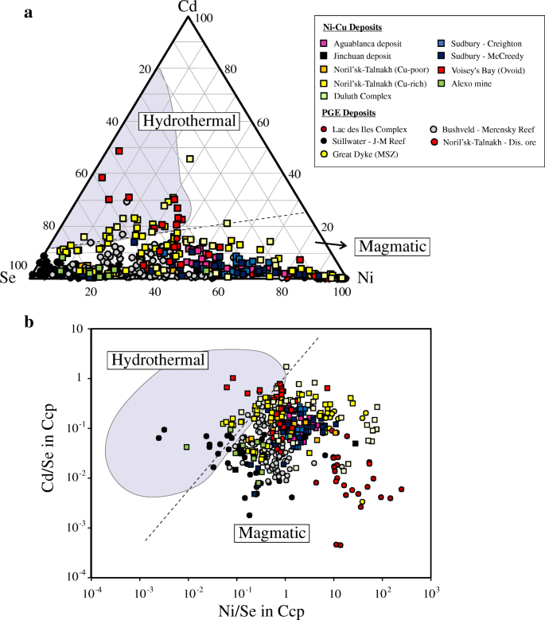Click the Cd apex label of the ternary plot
[187, 7]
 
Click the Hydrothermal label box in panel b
[157, 360]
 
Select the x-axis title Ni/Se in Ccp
[259, 611]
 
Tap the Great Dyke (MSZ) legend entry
[360, 155]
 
